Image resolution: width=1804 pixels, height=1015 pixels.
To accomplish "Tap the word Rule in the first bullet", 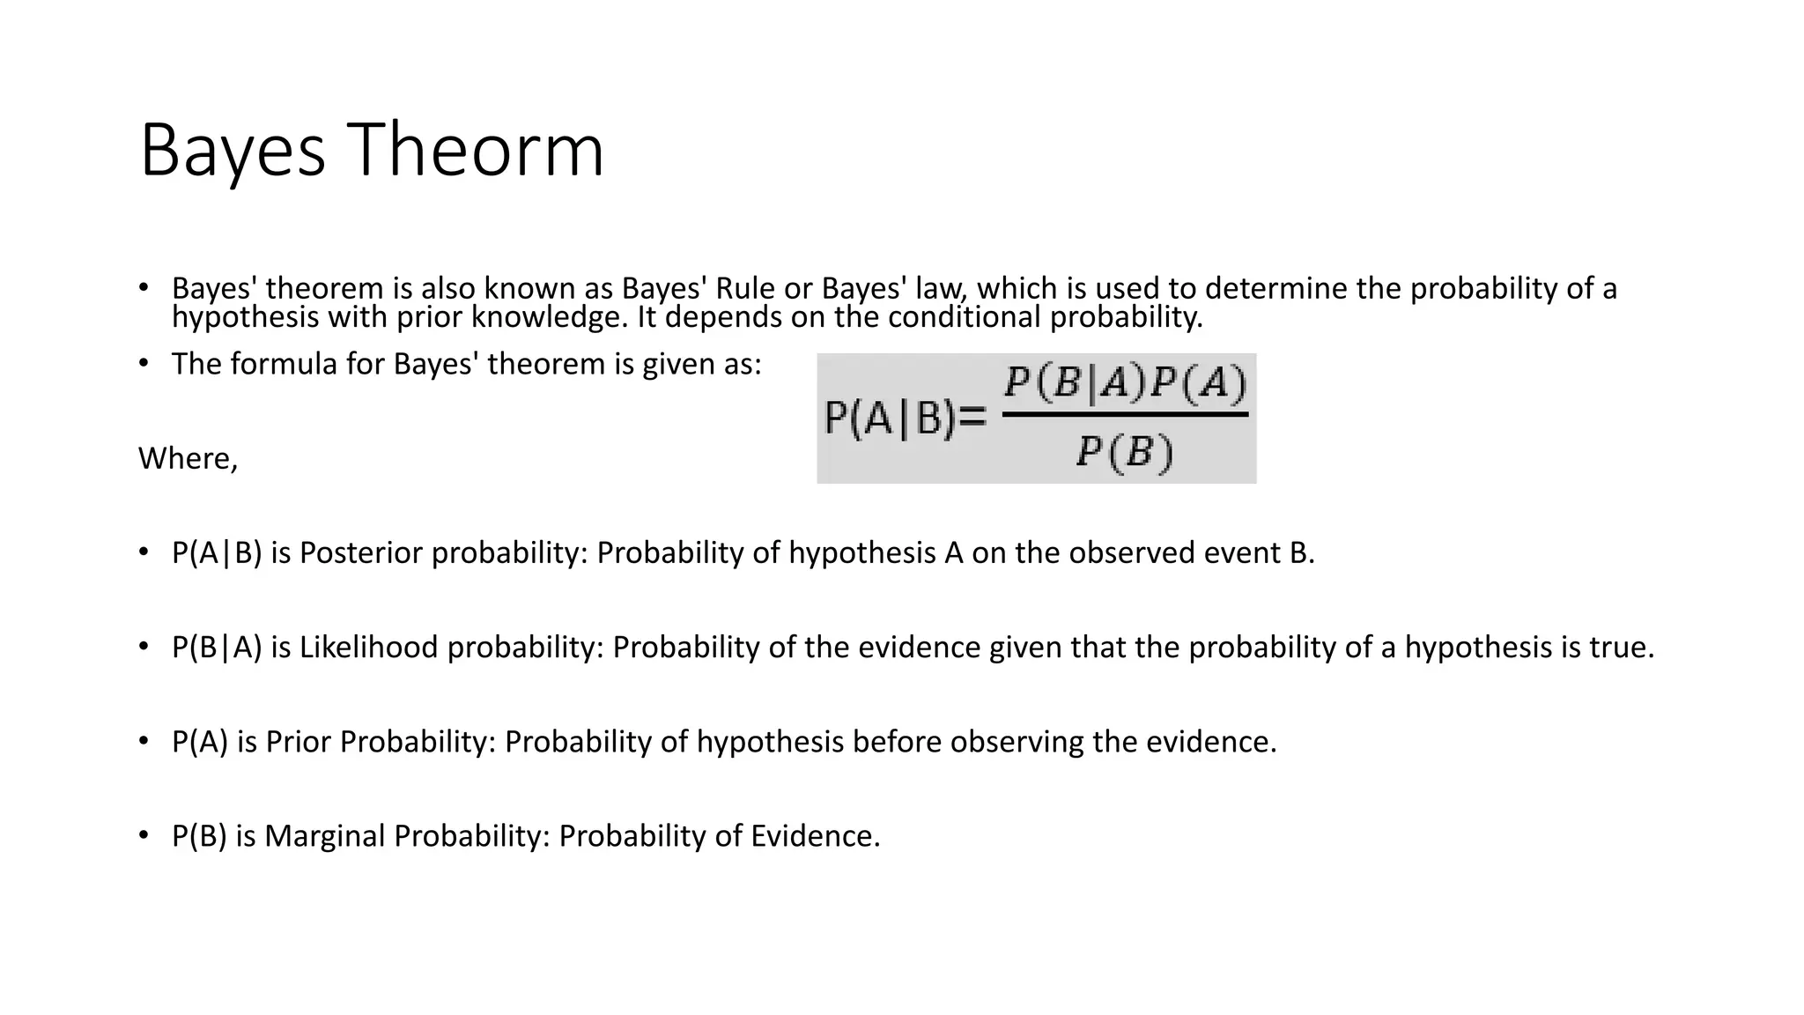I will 745,288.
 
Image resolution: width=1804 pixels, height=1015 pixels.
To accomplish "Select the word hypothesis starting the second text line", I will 246,316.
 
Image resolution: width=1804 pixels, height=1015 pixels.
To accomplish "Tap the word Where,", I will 188,458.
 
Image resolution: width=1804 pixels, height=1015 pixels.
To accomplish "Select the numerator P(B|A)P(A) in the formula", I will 1126,383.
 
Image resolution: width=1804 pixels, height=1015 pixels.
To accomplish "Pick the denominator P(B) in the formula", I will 1125,453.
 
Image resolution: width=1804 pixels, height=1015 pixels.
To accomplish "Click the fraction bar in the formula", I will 1126,414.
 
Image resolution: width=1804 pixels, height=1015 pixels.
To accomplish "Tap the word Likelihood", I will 369,648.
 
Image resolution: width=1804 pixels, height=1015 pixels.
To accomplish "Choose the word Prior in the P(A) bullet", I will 299,742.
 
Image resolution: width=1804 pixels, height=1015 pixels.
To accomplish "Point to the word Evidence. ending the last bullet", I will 815,836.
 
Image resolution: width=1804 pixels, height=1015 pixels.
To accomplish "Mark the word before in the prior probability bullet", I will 898,742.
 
